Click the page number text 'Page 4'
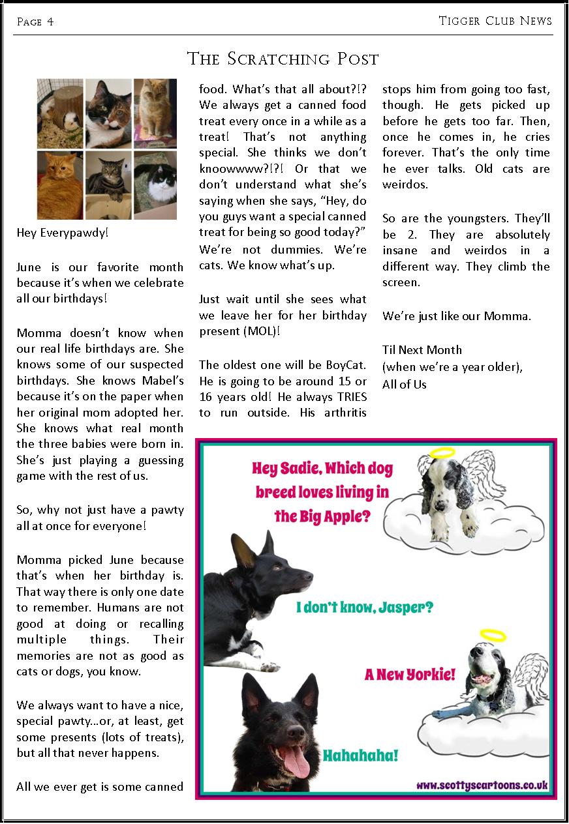(35, 22)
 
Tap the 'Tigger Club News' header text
(495, 21)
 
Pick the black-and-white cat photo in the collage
(155, 186)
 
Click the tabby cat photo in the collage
(108, 186)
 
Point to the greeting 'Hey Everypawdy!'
(63, 232)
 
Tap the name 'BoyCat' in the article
(343, 365)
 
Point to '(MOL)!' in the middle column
(262, 331)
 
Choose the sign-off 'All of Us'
(405, 384)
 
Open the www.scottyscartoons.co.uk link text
(482, 786)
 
